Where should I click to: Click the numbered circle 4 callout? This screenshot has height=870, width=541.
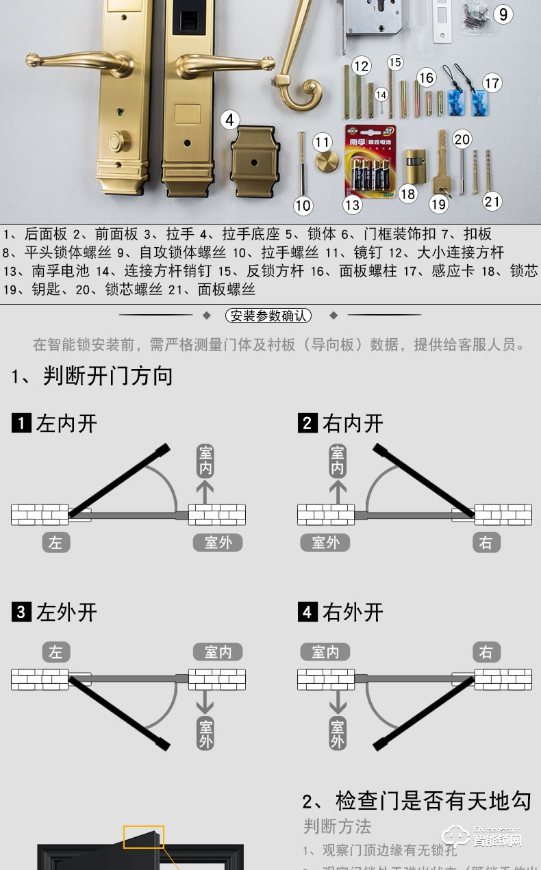tap(230, 120)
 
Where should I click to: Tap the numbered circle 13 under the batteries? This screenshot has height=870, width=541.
tap(352, 205)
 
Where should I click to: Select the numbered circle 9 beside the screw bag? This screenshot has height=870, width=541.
tap(503, 14)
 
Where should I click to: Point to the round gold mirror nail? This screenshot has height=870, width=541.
tap(327, 164)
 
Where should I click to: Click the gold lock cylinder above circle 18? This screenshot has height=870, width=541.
tap(412, 166)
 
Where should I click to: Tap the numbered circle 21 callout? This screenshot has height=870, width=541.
tap(492, 201)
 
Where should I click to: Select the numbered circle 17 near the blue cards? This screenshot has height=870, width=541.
tap(492, 84)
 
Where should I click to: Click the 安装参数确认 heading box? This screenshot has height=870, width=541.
tap(268, 316)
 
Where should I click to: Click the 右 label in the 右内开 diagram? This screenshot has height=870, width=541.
tap(486, 543)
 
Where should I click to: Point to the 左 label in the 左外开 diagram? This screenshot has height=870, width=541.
tap(55, 652)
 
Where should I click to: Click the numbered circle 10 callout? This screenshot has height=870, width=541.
tap(303, 205)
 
